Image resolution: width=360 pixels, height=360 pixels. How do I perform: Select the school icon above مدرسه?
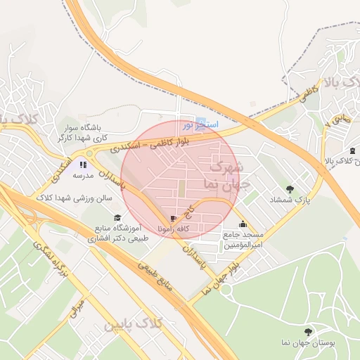tap(83, 165)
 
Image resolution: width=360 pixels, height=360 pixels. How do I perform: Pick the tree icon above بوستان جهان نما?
tap(307, 331)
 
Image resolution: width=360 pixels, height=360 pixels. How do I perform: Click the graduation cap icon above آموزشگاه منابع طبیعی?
tap(117, 217)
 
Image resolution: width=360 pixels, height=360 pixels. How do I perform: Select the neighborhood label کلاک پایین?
tap(133, 326)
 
